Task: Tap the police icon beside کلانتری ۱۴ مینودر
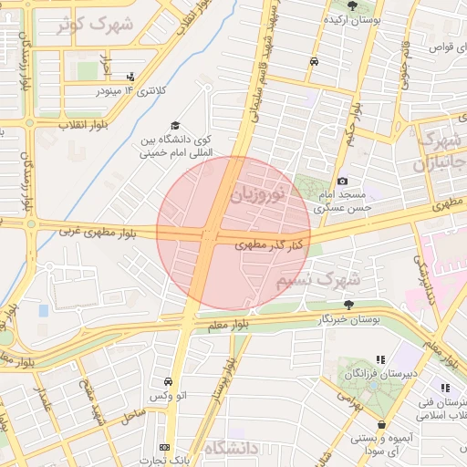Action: (132, 78)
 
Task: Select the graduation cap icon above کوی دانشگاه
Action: (174, 126)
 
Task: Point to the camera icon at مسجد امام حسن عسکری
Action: (342, 182)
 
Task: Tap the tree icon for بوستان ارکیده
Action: (352, 5)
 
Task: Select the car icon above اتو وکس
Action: (168, 381)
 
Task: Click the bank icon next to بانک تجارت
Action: (164, 447)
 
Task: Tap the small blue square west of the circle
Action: (43, 311)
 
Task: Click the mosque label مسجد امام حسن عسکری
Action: (338, 202)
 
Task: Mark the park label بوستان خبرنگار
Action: (347, 319)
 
